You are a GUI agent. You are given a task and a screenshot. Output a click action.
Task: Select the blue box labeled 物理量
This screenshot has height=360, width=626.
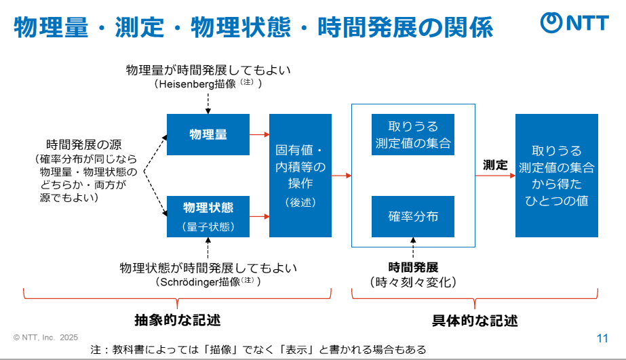(x=208, y=134)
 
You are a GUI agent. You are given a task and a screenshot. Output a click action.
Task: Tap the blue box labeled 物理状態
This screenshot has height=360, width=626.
(x=208, y=216)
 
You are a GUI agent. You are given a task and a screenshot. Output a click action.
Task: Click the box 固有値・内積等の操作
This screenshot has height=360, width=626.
(x=300, y=175)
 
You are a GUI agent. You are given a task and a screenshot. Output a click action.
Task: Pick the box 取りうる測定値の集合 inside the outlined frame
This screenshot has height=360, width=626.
(x=413, y=134)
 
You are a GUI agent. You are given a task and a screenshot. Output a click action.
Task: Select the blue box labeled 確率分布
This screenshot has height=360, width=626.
(x=413, y=216)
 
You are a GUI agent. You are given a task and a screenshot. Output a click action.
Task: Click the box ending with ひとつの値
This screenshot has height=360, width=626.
(x=556, y=175)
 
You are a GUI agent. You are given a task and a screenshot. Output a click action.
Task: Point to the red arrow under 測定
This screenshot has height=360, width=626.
(x=495, y=176)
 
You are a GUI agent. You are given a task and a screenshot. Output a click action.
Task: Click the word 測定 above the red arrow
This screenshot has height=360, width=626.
(x=495, y=164)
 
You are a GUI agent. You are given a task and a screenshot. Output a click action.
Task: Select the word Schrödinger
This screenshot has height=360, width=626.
(x=189, y=281)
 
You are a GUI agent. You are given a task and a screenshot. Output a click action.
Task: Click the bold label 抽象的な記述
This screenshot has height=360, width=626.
(x=178, y=319)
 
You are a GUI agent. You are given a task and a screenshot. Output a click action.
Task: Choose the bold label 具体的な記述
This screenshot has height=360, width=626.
(x=475, y=319)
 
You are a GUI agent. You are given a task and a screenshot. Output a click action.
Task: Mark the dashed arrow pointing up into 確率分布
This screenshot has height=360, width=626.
(x=413, y=247)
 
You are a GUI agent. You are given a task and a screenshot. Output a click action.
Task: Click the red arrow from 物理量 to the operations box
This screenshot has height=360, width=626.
(x=259, y=134)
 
